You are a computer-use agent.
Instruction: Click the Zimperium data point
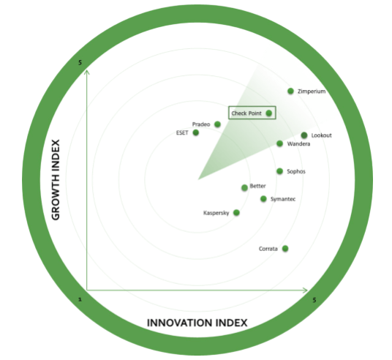pos(290,91)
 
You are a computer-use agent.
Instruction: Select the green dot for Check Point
pos(268,113)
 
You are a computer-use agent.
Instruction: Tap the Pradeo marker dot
pos(217,124)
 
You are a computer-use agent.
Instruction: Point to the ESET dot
pos(196,132)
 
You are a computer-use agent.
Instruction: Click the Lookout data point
pos(304,135)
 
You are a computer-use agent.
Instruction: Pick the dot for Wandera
pos(280,143)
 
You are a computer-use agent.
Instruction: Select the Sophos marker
pos(280,171)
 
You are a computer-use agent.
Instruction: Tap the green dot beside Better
pos(244,187)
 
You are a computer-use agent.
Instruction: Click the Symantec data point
pos(263,198)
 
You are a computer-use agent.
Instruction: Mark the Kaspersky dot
pos(236,213)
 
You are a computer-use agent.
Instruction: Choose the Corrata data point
pos(285,249)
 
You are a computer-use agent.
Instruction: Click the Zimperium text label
pos(312,91)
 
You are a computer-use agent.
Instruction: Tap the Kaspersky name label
pos(216,213)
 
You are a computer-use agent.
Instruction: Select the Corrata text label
pos(268,249)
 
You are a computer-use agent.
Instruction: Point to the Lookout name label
pos(322,135)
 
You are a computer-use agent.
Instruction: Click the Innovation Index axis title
pos(197,323)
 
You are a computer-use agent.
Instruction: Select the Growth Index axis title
pos(56,179)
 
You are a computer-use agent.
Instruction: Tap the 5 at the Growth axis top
pos(80,62)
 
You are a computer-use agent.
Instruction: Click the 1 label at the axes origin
pos(80,299)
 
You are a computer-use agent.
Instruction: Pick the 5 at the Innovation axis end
pos(314,300)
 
